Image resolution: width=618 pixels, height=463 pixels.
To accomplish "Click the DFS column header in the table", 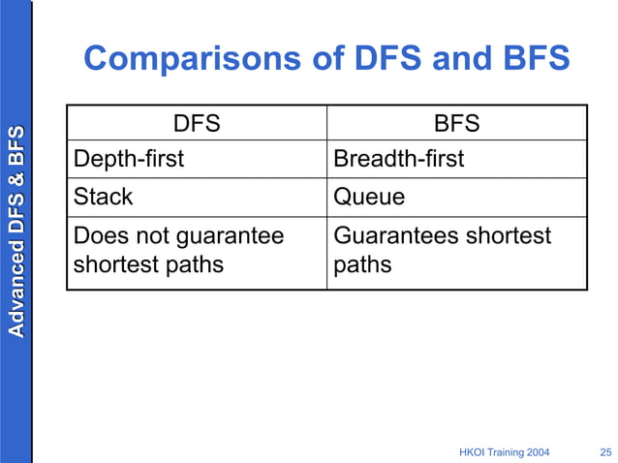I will [196, 124].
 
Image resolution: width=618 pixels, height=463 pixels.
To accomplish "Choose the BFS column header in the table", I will [456, 124].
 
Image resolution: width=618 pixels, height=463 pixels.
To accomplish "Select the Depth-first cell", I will [129, 159].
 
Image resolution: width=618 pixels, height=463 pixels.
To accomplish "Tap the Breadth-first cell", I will [398, 159].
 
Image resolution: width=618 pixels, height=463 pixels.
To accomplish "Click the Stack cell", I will [103, 197].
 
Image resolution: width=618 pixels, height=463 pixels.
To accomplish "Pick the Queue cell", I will [369, 197].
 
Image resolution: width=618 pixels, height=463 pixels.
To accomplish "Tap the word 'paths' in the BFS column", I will [362, 265].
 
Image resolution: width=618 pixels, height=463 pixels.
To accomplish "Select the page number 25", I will [605, 452].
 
